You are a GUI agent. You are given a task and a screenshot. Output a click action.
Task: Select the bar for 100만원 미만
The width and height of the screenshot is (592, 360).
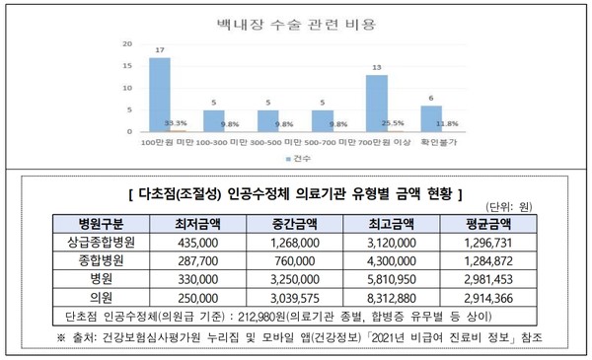tap(160, 95)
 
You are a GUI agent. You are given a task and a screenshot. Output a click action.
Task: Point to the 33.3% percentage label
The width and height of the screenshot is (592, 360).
tap(177, 124)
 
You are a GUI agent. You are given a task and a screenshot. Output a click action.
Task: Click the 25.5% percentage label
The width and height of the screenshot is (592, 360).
tap(392, 124)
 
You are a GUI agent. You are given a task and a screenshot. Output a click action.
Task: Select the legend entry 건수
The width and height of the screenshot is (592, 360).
tap(300, 158)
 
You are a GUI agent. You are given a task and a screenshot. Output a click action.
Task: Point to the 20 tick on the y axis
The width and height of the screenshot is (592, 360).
tap(126, 45)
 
